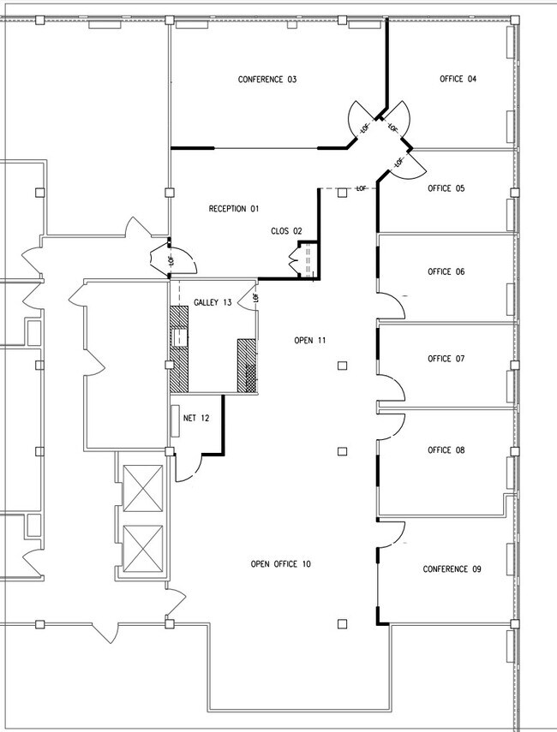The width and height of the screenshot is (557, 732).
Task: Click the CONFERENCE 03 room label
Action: click(267, 80)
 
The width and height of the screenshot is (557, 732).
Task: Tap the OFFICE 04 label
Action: click(458, 79)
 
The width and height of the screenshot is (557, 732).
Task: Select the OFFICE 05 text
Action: click(446, 188)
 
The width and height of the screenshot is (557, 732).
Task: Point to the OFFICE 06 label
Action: click(446, 271)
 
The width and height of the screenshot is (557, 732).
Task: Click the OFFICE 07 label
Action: click(446, 359)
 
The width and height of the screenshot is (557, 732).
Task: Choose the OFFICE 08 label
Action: click(446, 450)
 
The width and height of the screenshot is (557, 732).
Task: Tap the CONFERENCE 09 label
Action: click(452, 569)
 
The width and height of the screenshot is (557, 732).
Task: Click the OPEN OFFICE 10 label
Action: click(280, 564)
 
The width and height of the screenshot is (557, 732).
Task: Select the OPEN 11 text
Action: click(310, 341)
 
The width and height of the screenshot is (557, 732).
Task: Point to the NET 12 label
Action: click(196, 418)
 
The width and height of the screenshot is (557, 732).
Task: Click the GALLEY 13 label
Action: click(213, 302)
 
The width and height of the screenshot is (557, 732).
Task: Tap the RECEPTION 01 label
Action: click(234, 209)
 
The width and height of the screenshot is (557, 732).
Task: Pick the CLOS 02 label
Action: click(286, 231)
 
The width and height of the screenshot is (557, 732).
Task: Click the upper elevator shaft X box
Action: click(143, 488)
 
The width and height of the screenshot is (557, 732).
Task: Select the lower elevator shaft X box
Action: click(143, 549)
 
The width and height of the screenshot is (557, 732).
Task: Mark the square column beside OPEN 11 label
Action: click(343, 366)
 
